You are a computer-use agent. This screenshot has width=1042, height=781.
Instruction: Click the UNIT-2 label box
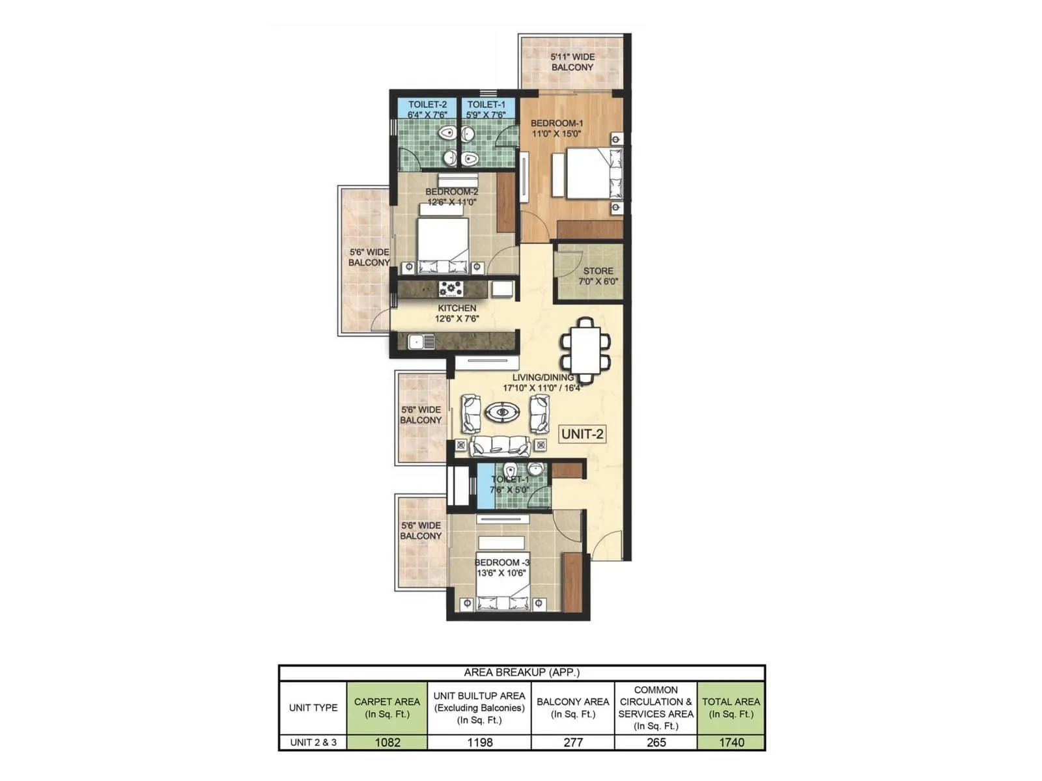582,434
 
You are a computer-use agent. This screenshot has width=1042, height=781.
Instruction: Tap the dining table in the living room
586,350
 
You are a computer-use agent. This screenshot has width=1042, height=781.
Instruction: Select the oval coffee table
502,412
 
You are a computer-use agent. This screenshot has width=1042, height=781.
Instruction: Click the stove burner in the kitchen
451,288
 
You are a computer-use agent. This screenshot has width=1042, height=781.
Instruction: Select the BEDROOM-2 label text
451,191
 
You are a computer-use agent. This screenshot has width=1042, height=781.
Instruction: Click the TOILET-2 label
427,104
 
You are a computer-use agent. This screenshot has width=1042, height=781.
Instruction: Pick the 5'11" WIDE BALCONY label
572,62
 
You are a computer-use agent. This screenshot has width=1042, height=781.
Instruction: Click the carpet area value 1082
387,743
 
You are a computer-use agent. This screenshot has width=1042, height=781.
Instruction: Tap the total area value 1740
731,743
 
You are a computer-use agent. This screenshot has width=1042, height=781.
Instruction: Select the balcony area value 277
572,743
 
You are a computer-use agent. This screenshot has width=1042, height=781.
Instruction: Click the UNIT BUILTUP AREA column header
479,707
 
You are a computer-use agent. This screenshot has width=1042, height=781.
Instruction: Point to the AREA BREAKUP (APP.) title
522,672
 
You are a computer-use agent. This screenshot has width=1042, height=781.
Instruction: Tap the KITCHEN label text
457,308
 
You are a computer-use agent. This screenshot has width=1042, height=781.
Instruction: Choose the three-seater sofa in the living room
500,445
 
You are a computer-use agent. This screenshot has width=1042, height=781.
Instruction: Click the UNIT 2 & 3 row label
313,743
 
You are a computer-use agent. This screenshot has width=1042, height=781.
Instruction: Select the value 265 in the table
656,743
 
